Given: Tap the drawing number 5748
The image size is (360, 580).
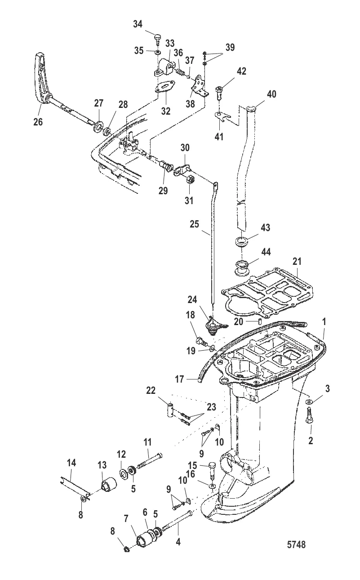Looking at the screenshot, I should click(x=296, y=544).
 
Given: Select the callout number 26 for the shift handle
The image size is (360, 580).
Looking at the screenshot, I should click(x=38, y=121).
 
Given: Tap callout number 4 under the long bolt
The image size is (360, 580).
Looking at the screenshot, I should click(x=178, y=542).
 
